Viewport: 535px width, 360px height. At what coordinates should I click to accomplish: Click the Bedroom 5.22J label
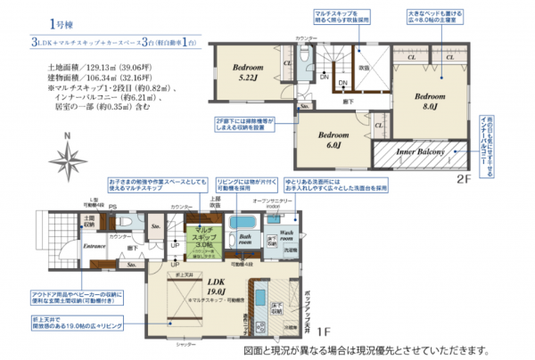click(247, 72)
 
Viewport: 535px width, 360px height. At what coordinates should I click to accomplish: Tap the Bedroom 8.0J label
click(429, 100)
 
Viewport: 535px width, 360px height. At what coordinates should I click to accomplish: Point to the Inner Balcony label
click(420, 153)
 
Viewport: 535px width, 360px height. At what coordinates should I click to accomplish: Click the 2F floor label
click(463, 177)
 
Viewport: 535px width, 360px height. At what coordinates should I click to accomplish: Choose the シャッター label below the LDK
click(185, 343)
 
